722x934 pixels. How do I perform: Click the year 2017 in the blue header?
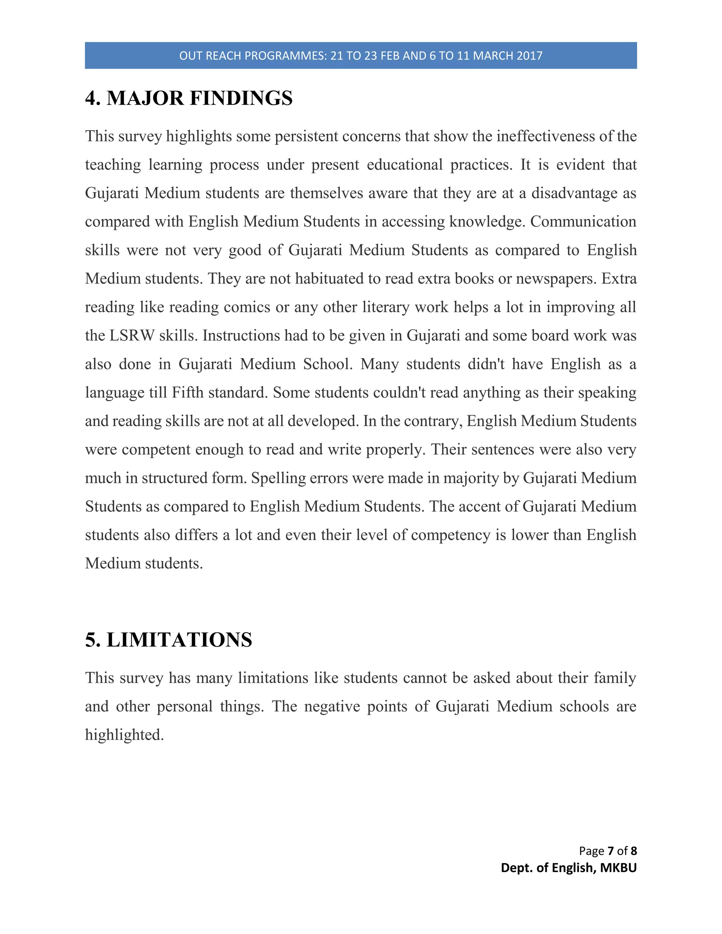(x=529, y=56)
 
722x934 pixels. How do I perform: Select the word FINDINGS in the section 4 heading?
(x=241, y=98)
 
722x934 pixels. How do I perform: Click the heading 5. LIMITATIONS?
(x=169, y=640)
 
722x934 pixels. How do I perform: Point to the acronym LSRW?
(x=132, y=336)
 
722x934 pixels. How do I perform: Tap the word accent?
(x=479, y=507)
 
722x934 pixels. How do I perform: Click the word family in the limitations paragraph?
(x=614, y=678)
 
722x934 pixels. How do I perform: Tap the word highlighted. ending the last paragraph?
(x=124, y=735)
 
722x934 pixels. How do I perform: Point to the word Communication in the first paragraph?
(x=583, y=222)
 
